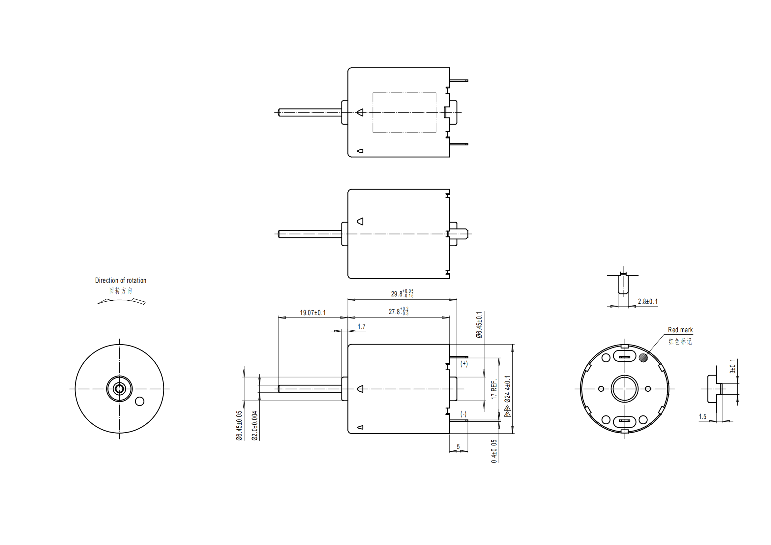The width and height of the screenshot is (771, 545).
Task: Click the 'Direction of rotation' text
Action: [x=121, y=280]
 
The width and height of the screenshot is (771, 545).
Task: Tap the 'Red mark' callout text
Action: [x=680, y=330]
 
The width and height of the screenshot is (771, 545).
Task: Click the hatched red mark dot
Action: [x=643, y=358]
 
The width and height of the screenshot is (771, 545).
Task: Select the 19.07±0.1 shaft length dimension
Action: [x=312, y=313]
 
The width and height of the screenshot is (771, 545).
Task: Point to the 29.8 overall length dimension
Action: [x=402, y=293]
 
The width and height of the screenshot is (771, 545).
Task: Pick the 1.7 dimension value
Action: [x=361, y=326]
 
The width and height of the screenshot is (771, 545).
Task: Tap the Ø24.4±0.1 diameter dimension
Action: [x=507, y=389]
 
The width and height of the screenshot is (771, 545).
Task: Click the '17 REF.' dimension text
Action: [x=494, y=389]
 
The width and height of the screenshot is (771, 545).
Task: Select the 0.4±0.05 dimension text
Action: [x=494, y=451]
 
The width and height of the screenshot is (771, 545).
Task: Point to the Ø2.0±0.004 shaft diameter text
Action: [x=254, y=425]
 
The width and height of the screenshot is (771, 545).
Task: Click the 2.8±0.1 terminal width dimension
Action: [x=647, y=302]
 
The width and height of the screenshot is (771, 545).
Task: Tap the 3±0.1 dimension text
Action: [x=733, y=366]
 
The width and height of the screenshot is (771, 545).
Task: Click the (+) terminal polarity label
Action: [x=464, y=364]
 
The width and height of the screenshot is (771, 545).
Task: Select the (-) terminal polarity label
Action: [x=463, y=414]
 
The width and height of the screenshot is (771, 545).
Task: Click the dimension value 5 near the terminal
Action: [x=458, y=447]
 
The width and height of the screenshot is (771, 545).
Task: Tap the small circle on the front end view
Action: [x=140, y=401]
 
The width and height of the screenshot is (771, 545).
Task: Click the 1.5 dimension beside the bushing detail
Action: [x=702, y=417]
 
